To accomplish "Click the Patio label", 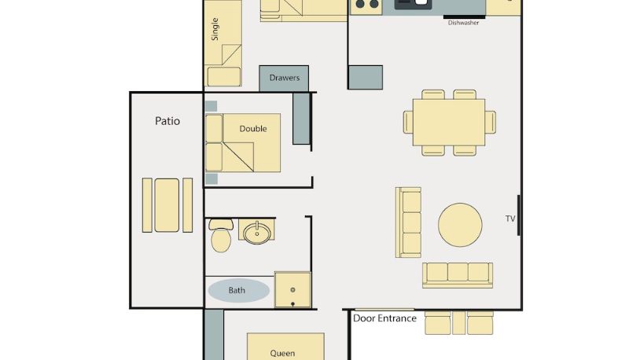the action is click(x=167, y=121).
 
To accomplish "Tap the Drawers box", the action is click(x=284, y=79).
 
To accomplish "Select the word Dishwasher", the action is click(x=463, y=23).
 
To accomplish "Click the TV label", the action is click(x=509, y=219).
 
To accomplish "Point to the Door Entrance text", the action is click(x=384, y=318).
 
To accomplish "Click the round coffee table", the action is click(x=460, y=225).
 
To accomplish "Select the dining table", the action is click(x=449, y=123).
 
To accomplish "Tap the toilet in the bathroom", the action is click(x=221, y=235).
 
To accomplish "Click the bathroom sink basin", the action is click(x=257, y=233).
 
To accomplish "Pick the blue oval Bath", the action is click(x=239, y=290).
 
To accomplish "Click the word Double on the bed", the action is click(x=253, y=129).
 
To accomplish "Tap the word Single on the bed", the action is click(x=215, y=29).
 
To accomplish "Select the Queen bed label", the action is click(x=282, y=353).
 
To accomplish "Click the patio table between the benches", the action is click(x=167, y=205).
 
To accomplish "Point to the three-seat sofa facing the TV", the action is click(x=408, y=222).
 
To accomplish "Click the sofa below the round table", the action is click(x=458, y=275).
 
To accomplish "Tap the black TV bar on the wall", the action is click(x=519, y=215).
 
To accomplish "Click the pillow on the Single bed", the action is click(x=224, y=76).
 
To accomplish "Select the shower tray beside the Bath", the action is click(x=292, y=290).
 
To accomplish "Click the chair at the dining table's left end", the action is click(x=408, y=122).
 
